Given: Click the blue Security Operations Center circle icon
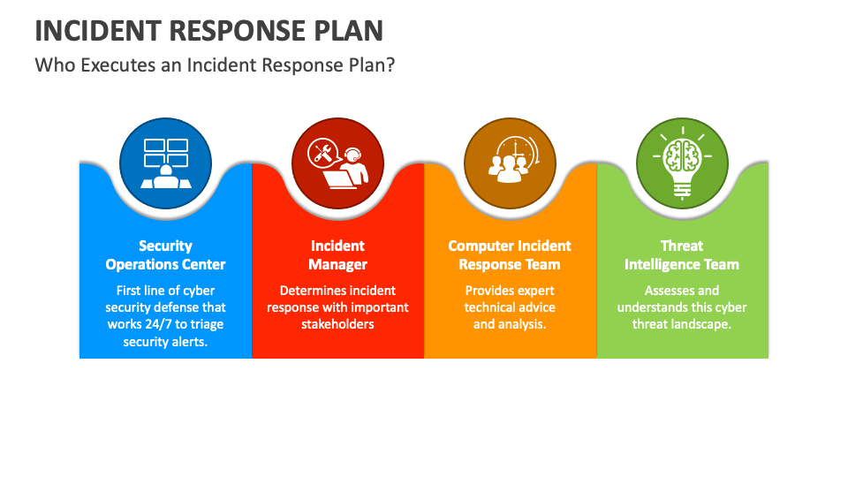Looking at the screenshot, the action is click(x=165, y=163).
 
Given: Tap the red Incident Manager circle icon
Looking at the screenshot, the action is click(x=338, y=163).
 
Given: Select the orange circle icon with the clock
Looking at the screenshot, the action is click(x=510, y=163).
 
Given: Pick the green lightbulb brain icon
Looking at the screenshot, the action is click(x=682, y=163).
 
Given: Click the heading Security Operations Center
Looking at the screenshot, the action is click(x=165, y=255).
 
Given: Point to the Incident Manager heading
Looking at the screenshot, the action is click(x=338, y=255).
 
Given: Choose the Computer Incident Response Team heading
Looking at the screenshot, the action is click(x=510, y=255).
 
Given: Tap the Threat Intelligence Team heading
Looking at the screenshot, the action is click(x=682, y=255).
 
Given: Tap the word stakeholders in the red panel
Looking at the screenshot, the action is click(x=338, y=324).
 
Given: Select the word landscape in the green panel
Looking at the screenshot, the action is click(x=701, y=325).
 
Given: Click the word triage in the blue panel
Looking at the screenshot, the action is click(x=207, y=325).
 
